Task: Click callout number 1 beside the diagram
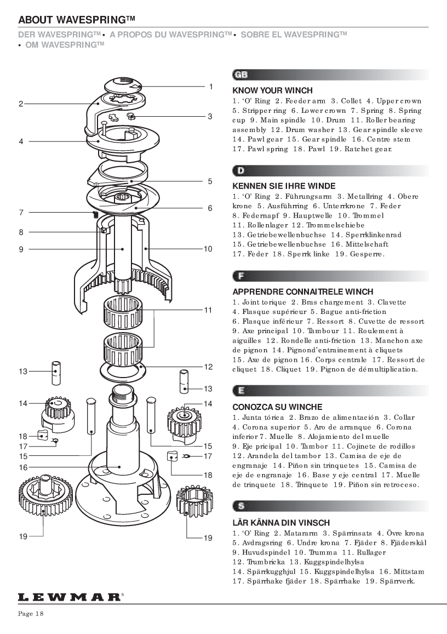click(x=210, y=87)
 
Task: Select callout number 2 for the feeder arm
click(x=21, y=104)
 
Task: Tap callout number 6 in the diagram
click(x=210, y=208)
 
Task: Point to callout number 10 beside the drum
click(x=208, y=249)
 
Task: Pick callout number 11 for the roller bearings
click(x=208, y=310)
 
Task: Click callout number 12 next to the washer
click(x=208, y=367)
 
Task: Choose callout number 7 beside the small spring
click(x=21, y=213)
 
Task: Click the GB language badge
click(x=240, y=75)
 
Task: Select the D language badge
click(x=240, y=170)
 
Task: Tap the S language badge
click(x=240, y=506)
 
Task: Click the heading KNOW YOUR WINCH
click(x=272, y=90)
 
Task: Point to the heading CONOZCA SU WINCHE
click(x=277, y=407)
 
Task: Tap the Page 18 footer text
click(x=31, y=614)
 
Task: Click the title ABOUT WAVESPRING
click(x=76, y=20)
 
